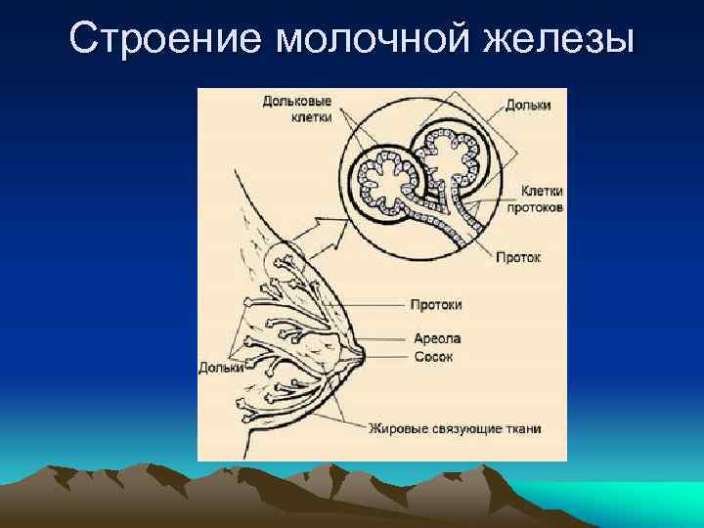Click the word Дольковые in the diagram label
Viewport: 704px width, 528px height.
(x=297, y=101)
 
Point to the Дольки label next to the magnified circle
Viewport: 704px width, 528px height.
(x=528, y=105)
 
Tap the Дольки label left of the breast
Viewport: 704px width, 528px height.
(x=221, y=369)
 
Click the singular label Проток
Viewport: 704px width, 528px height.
(x=518, y=257)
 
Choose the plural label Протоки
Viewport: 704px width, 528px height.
(x=436, y=305)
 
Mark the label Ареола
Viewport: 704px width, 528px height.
(x=436, y=338)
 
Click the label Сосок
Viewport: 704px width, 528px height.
(x=433, y=357)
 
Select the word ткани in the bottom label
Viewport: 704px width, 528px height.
(x=522, y=428)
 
